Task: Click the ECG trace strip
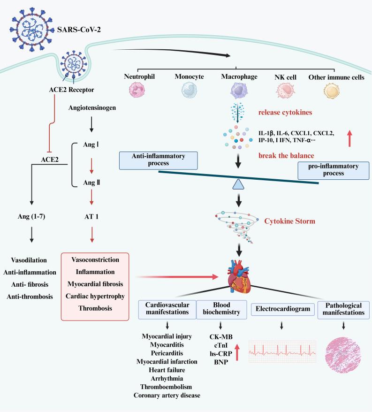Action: pyautogui.click(x=281, y=351)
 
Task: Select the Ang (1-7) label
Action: pyautogui.click(x=31, y=217)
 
